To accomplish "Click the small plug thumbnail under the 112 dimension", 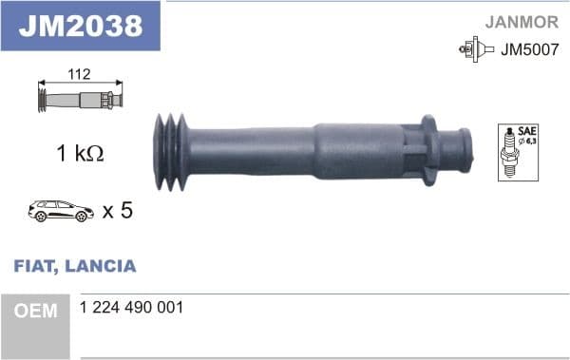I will pos(80,99).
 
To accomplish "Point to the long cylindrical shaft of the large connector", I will pos(275,149).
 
